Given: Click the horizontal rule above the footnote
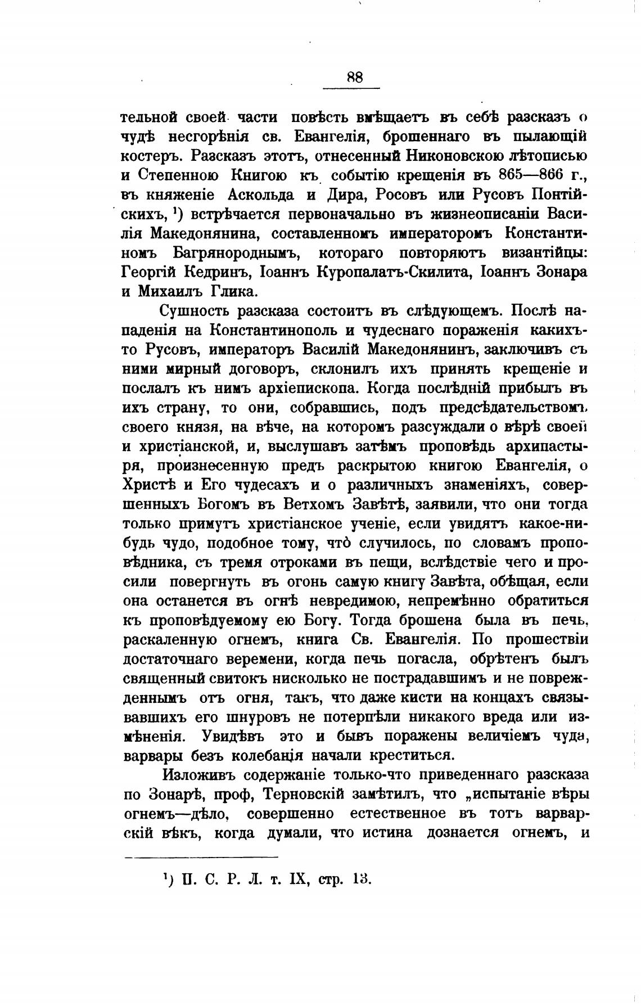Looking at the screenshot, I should pyautogui.click(x=201, y=858).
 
